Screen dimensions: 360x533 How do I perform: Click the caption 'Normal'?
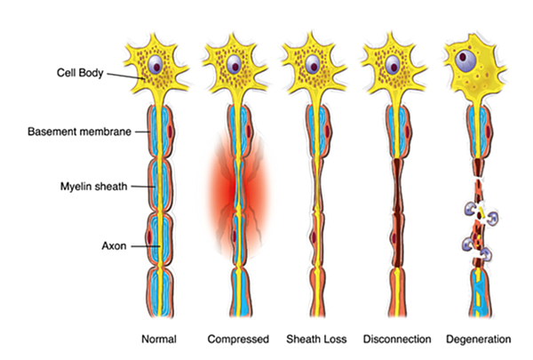pyautogui.click(x=159, y=340)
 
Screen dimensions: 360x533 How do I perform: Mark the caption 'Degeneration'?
pyautogui.click(x=480, y=340)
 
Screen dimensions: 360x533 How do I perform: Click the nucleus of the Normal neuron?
pyautogui.click(x=157, y=66)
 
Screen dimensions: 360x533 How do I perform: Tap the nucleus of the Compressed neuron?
pyautogui.click(x=234, y=65)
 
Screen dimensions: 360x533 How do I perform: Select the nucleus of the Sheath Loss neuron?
pyautogui.click(x=312, y=64)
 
